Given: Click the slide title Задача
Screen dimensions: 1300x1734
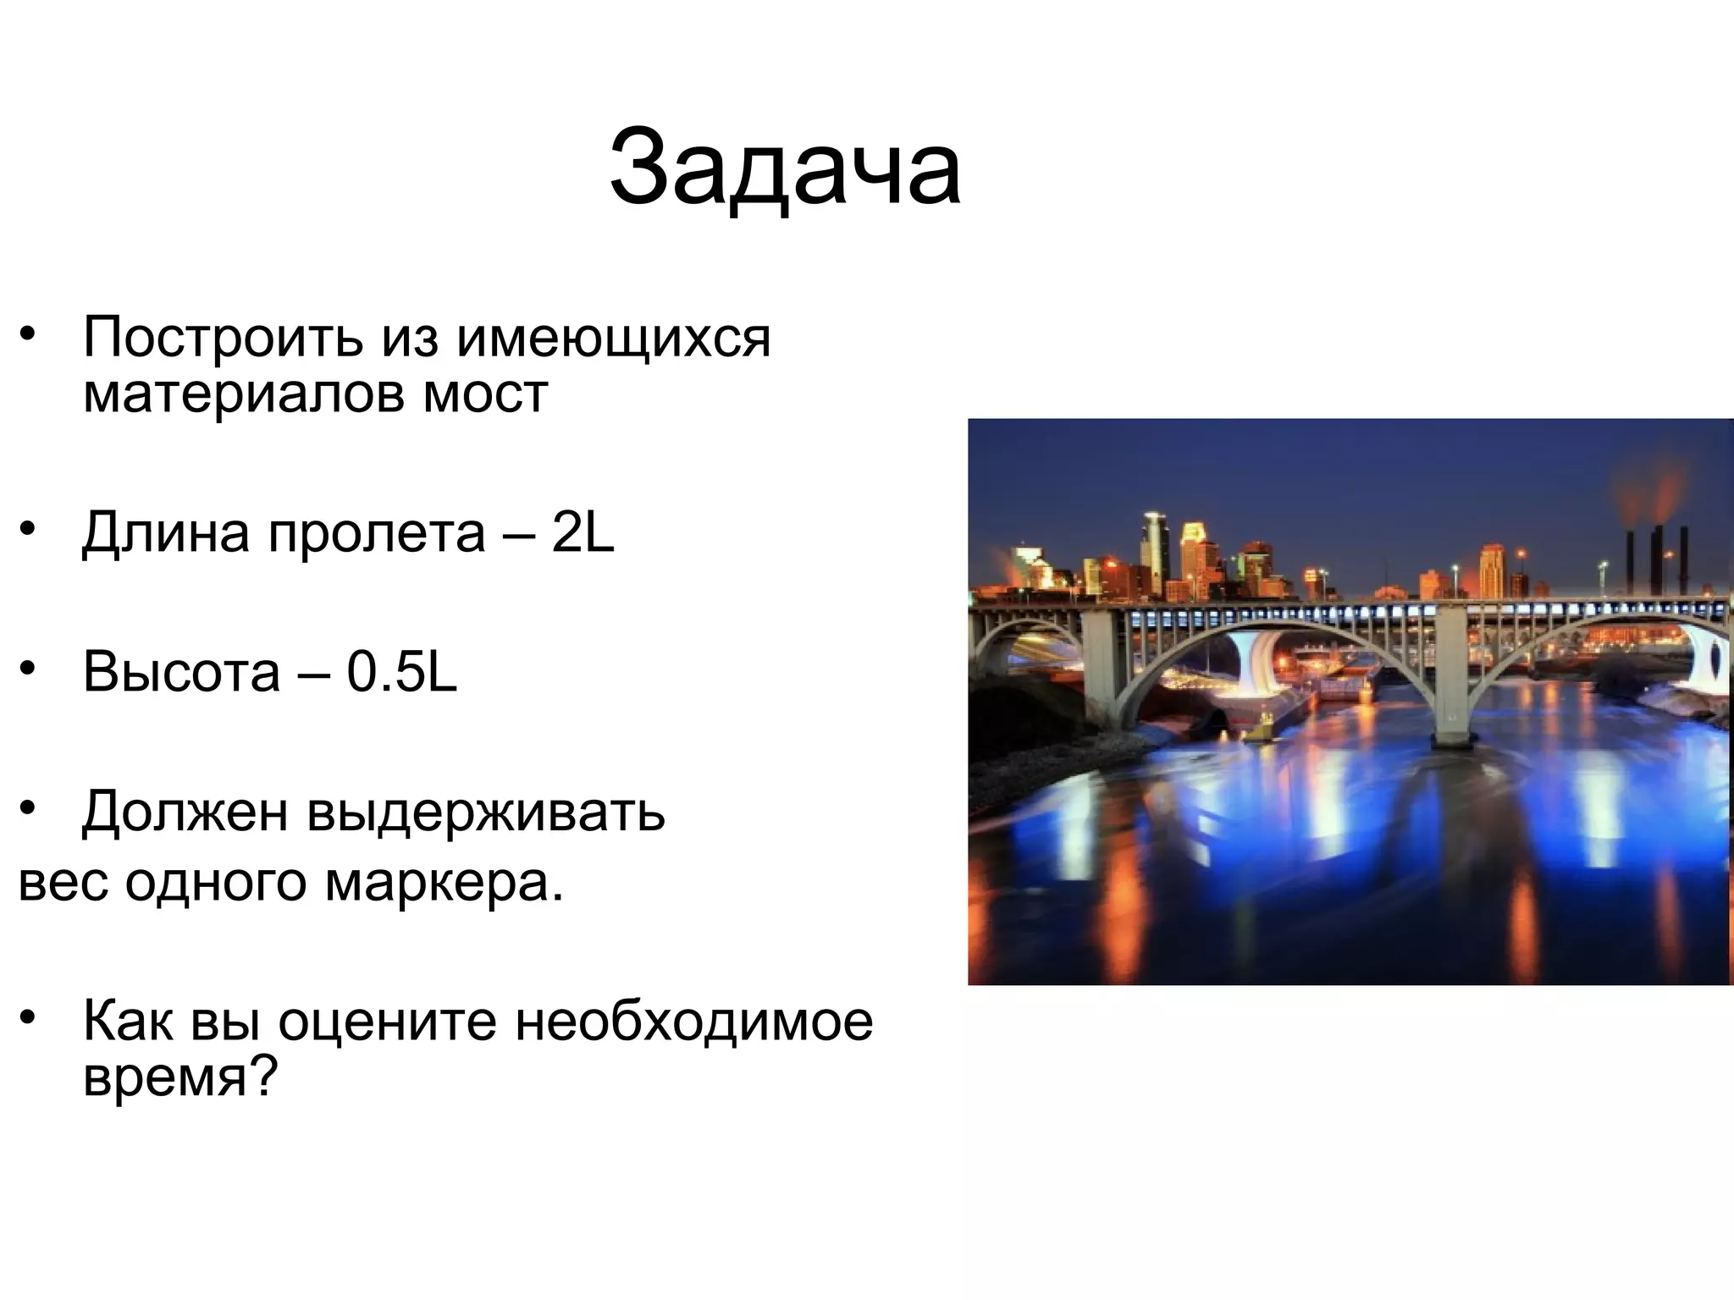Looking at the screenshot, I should [x=785, y=168].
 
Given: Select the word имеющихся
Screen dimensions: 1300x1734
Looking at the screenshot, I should [x=613, y=338].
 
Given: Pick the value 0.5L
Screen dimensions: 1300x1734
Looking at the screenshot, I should [x=402, y=673].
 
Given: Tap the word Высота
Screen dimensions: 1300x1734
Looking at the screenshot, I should [x=181, y=673].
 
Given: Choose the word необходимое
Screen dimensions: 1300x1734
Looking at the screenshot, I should [x=694, y=1022].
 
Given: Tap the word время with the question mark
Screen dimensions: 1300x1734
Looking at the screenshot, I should [x=180, y=1077].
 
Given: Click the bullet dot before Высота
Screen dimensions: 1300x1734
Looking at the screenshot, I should [x=28, y=669].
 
